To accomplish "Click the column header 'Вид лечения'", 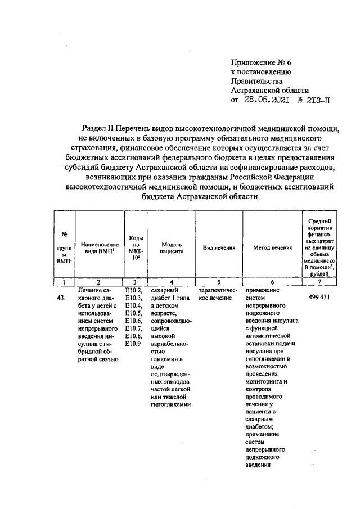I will click(x=219, y=247).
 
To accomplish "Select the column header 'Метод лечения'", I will click(x=272, y=247).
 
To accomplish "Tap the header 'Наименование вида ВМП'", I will click(x=99, y=248).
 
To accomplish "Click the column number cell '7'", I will click(x=319, y=282).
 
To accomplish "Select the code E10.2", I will click(x=133, y=291).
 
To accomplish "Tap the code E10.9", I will click(x=132, y=344).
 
